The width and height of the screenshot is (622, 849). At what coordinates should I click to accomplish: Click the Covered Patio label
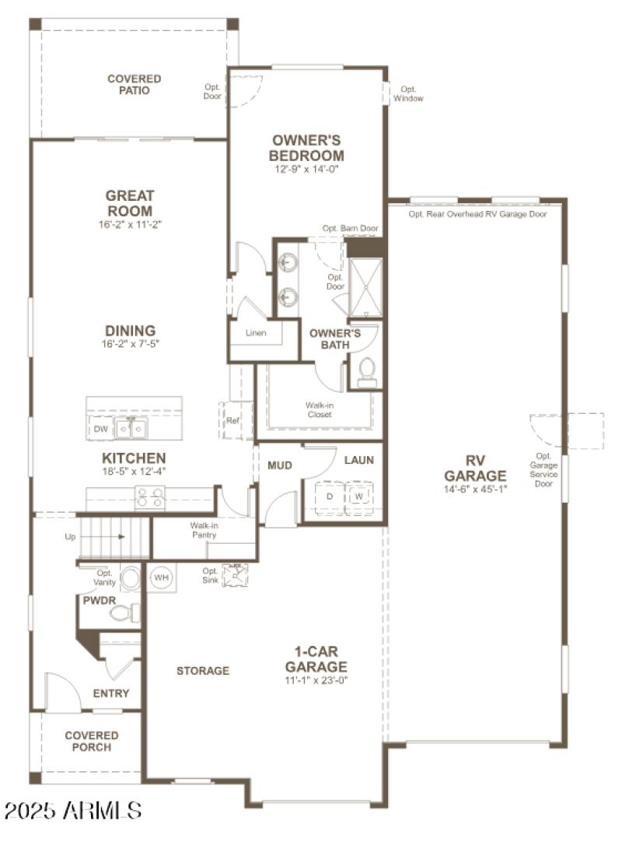coord(135,85)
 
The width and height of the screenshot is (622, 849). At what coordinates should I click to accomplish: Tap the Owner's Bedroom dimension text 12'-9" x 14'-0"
coord(306,169)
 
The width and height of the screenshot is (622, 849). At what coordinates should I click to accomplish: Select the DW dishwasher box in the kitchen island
coord(101,429)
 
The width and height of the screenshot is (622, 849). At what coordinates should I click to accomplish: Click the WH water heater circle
coord(161,578)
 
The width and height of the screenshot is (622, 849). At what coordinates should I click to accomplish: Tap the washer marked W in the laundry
coord(358,496)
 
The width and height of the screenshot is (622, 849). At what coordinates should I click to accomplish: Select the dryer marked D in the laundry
coord(329,496)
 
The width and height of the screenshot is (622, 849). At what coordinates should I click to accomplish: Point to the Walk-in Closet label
coord(319,409)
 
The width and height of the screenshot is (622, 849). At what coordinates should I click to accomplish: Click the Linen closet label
coord(255,333)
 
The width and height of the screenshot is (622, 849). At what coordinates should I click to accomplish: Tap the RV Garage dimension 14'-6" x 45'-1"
coord(475,489)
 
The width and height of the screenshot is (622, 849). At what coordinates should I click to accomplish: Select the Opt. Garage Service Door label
coord(543,469)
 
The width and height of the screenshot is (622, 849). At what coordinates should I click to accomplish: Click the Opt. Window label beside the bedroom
coord(408,93)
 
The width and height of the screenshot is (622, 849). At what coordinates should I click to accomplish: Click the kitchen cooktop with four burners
coord(149,497)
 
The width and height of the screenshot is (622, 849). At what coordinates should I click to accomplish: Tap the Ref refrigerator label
coord(232,421)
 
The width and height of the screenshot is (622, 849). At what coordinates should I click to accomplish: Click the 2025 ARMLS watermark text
coord(72,811)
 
